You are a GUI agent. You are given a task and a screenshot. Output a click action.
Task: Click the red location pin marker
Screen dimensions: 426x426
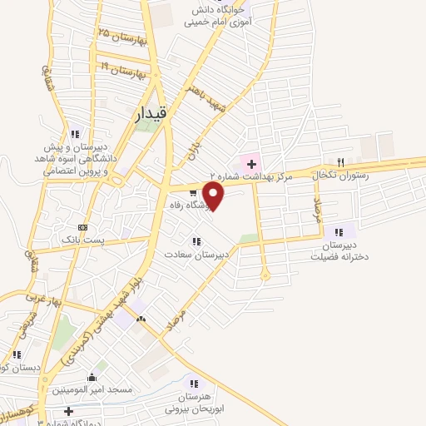coord(214,197)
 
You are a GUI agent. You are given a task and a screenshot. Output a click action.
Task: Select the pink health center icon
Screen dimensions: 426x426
coord(250,162)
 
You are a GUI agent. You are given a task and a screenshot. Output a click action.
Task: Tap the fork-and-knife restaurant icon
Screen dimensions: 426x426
coord(339,162)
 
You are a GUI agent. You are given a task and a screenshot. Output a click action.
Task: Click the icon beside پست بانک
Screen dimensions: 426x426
coord(82,226)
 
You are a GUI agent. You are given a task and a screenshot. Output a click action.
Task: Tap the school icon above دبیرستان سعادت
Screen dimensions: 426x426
coord(196,241)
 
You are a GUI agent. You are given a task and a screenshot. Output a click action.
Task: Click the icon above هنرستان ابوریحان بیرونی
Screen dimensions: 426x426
coord(194,385)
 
